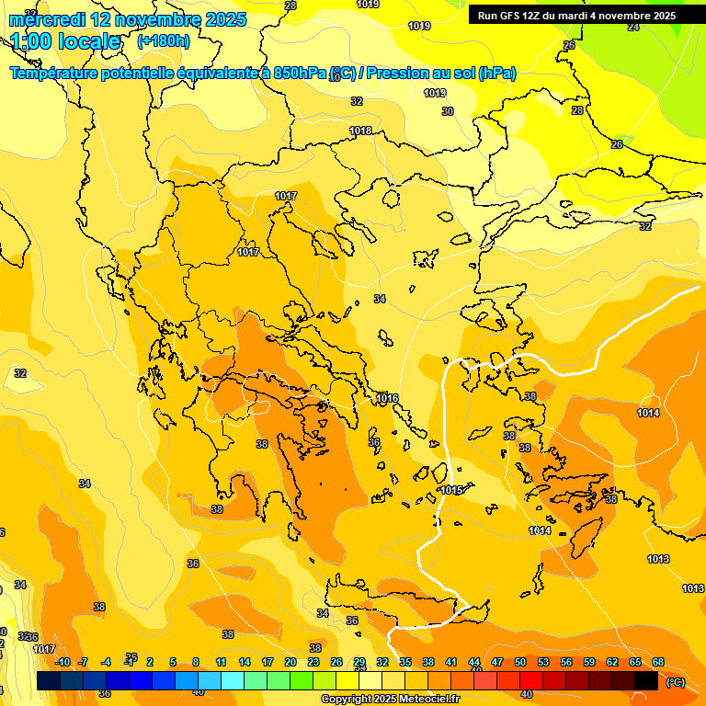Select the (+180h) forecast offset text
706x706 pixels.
pyautogui.click(x=164, y=41)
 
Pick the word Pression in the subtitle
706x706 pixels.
pyautogui.click(x=418, y=74)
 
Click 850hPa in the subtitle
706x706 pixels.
pyautogui.click(x=300, y=74)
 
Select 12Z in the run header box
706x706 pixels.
pyautogui.click(x=534, y=16)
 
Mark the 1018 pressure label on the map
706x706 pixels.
pyautogui.click(x=360, y=131)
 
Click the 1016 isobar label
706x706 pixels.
pyautogui.click(x=387, y=398)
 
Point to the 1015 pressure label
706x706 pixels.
pyautogui.click(x=451, y=490)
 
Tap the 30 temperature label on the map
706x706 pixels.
pyautogui.click(x=448, y=111)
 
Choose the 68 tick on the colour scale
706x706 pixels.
pyautogui.click(x=658, y=662)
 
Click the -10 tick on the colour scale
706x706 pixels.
pyautogui.click(x=62, y=662)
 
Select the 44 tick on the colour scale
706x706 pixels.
pyautogui.click(x=474, y=662)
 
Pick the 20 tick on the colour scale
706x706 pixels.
pyautogui.click(x=290, y=662)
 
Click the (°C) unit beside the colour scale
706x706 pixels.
pyautogui.click(x=674, y=681)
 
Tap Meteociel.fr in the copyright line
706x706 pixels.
pyautogui.click(x=427, y=700)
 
